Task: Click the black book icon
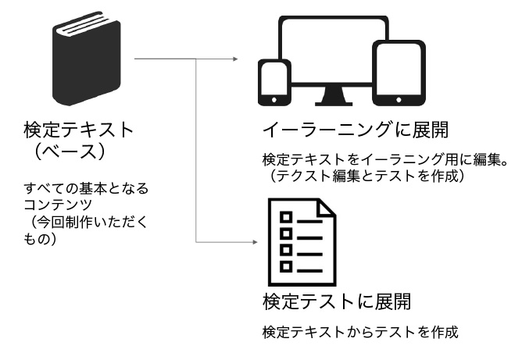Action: coord(87,59)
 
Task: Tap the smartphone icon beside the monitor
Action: coord(274,83)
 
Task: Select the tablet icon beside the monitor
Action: coord(399,73)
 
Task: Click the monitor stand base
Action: coord(334,104)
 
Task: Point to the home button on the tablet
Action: coord(399,100)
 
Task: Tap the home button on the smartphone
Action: coord(274,100)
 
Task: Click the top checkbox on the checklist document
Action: coord(286,218)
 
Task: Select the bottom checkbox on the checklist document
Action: coord(286,266)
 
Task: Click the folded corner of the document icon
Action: coord(327,209)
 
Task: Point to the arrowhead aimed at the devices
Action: coord(235,59)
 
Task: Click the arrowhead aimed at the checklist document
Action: coord(255,242)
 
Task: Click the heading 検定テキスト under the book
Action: coord(79,130)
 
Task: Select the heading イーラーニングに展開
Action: coord(356,130)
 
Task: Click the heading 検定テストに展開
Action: coord(337,301)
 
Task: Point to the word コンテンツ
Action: coord(58,205)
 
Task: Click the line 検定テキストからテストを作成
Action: coord(360,332)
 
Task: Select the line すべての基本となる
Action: coord(86,188)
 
